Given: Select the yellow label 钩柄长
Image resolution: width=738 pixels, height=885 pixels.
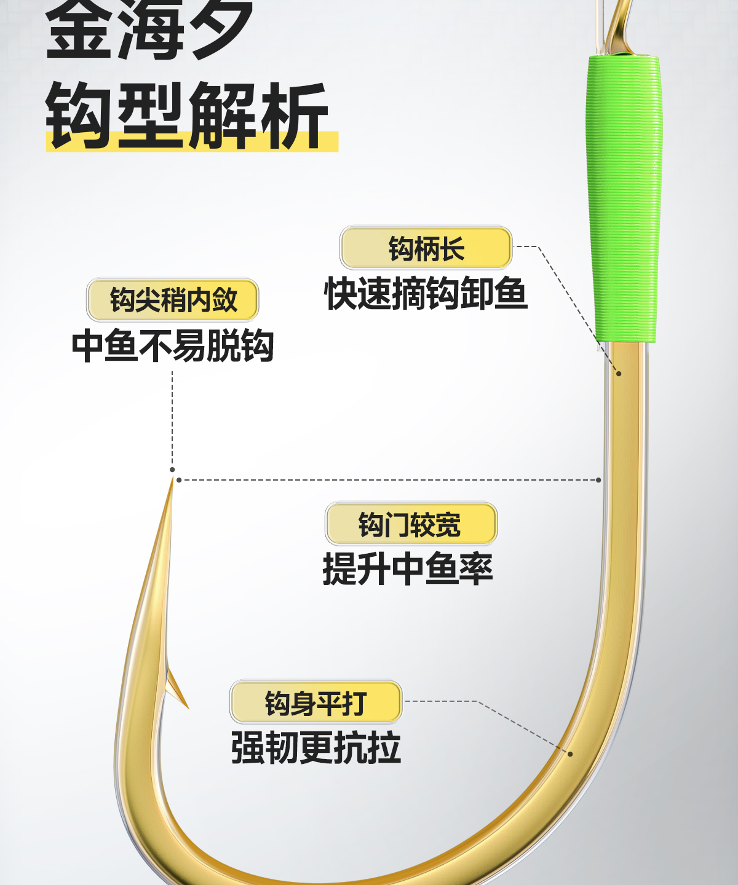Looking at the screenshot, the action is pyautogui.click(x=426, y=248).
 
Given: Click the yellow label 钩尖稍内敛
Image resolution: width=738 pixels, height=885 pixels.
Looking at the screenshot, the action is pyautogui.click(x=173, y=300).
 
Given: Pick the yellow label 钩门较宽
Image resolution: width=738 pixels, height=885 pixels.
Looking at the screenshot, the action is pyautogui.click(x=411, y=524).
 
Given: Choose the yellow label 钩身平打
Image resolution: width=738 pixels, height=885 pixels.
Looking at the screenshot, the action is pyautogui.click(x=316, y=702).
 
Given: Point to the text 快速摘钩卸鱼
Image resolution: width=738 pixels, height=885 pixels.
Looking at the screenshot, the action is pyautogui.click(x=426, y=293).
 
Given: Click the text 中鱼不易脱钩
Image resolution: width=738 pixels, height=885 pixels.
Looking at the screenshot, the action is pyautogui.click(x=173, y=345).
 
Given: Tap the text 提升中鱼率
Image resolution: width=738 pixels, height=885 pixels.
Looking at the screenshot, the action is pyautogui.click(x=408, y=568).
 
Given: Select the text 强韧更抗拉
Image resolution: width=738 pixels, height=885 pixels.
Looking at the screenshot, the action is pyautogui.click(x=316, y=747).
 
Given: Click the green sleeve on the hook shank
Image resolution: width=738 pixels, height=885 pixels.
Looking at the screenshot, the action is pyautogui.click(x=624, y=197).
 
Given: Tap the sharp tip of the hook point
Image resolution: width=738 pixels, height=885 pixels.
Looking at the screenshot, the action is pyautogui.click(x=172, y=482).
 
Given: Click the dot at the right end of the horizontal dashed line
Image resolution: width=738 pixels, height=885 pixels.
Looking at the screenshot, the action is pyautogui.click(x=599, y=480).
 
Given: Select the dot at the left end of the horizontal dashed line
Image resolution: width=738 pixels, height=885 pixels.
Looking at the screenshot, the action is pyautogui.click(x=179, y=480).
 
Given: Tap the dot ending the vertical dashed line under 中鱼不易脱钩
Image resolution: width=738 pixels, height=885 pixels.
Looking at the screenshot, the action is pyautogui.click(x=172, y=470).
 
